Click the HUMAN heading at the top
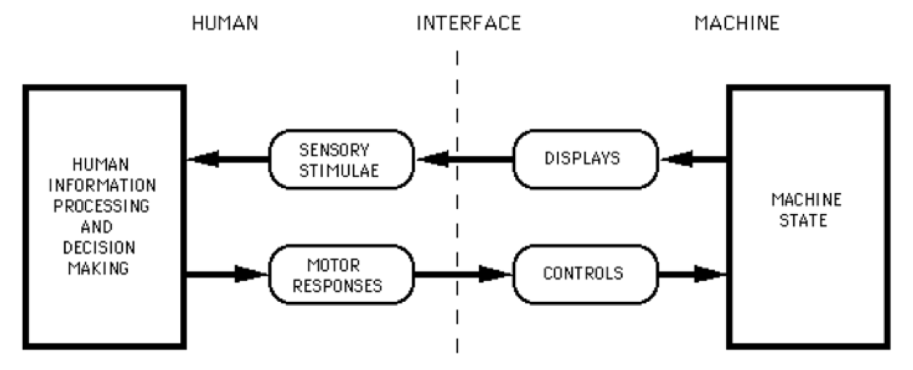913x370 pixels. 225,23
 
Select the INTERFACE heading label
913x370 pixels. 468,23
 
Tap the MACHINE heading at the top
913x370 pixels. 737,23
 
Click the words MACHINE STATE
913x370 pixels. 808,209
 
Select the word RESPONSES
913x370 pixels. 342,285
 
